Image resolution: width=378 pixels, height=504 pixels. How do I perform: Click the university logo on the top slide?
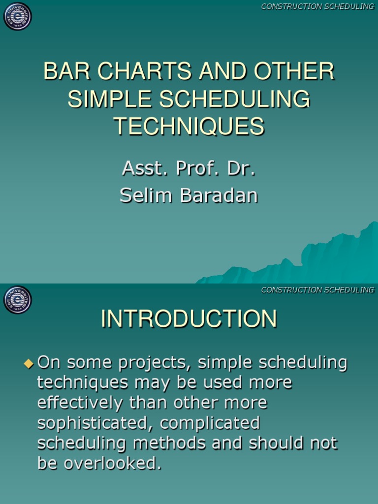tap(18, 16)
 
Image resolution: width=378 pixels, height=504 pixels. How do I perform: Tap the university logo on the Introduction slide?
tap(18, 300)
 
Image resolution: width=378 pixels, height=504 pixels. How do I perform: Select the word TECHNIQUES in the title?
tap(189, 126)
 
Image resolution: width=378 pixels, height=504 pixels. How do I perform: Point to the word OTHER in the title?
tap(294, 72)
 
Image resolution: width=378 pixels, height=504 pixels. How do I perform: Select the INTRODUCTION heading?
tap(189, 319)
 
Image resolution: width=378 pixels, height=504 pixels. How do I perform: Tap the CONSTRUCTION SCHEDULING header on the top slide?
tap(317, 6)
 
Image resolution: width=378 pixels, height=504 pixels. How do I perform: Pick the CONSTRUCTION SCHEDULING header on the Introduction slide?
tap(317, 290)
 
